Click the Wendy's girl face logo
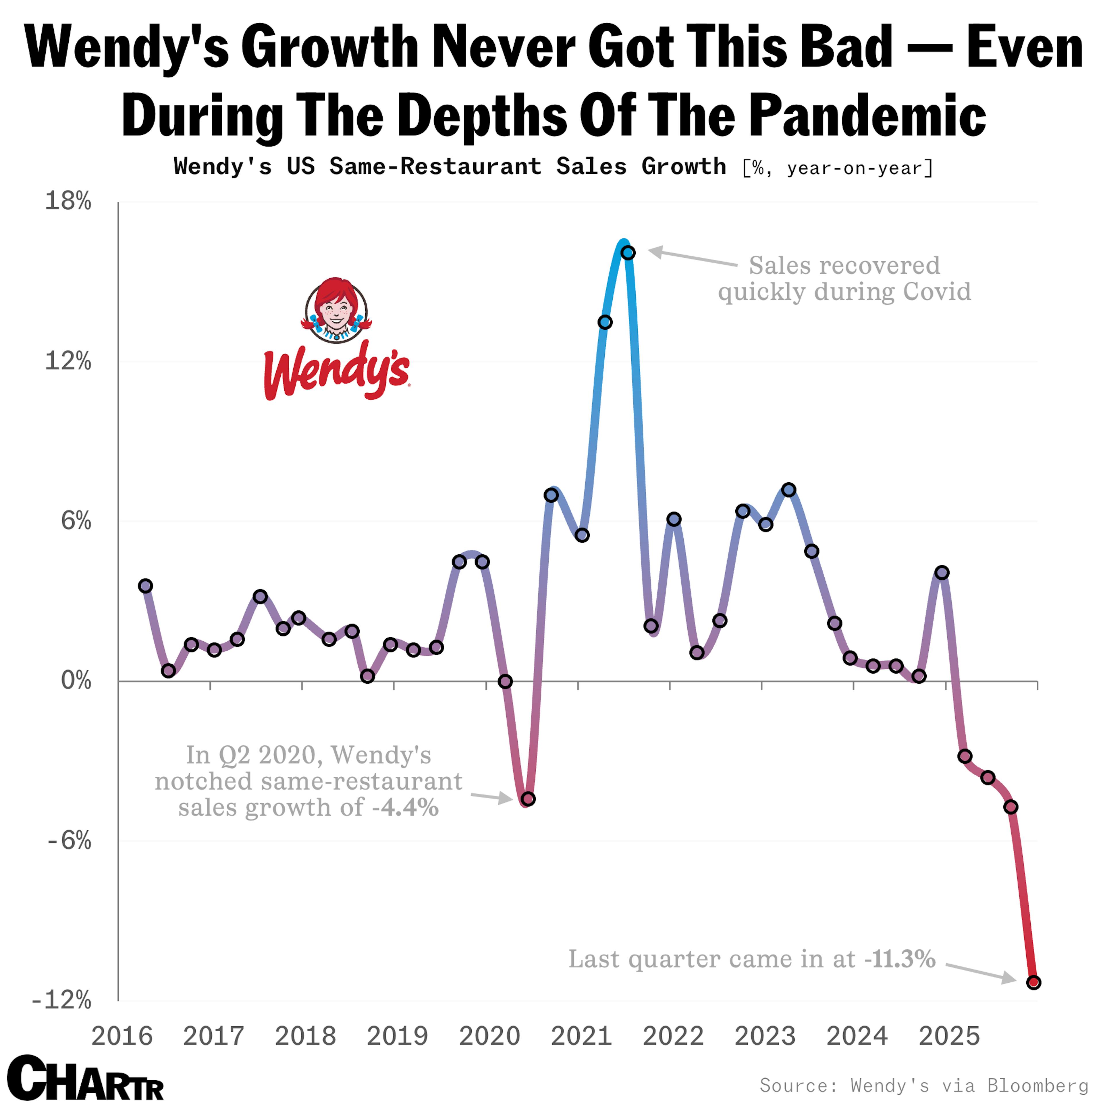coord(336,310)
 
